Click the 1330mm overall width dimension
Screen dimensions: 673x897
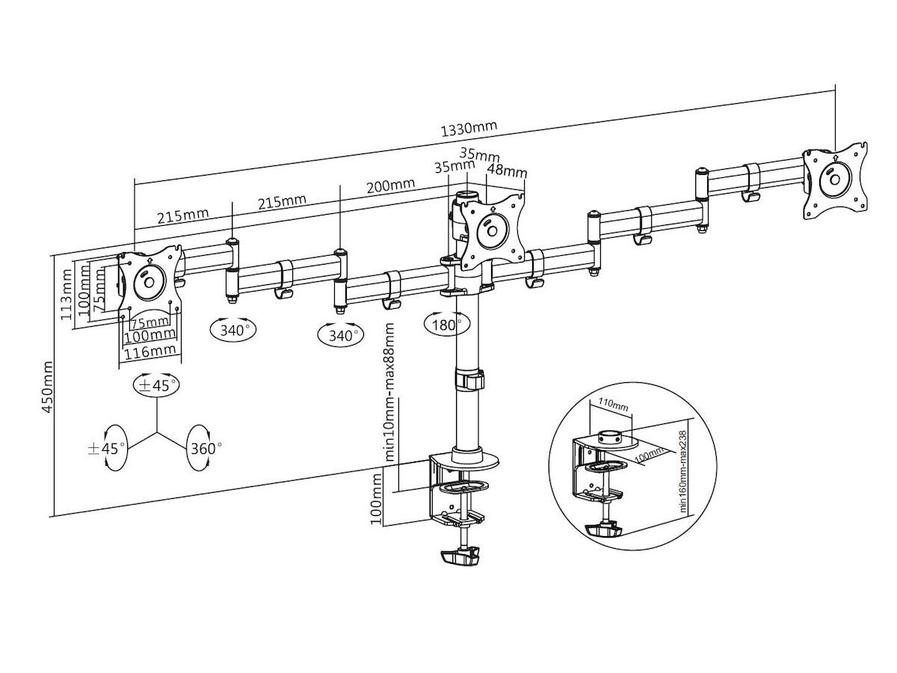click(469, 129)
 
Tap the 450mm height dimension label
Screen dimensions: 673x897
click(49, 386)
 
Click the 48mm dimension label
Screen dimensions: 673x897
click(507, 171)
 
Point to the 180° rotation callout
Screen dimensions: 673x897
click(448, 325)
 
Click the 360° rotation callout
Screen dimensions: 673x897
click(206, 449)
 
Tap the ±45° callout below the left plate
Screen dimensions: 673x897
click(156, 386)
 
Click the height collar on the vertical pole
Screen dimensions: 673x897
click(470, 378)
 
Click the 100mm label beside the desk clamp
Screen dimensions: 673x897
click(378, 497)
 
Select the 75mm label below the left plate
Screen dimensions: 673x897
click(148, 323)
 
